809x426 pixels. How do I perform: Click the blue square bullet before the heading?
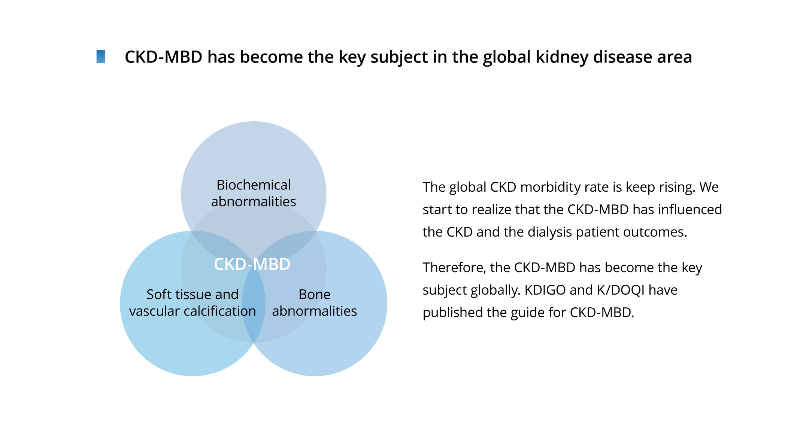[101, 57]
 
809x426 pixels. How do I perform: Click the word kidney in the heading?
[562, 57]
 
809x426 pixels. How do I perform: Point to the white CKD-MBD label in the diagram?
[252, 264]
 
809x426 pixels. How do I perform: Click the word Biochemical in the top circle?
[254, 185]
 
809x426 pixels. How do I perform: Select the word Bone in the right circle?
[315, 295]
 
